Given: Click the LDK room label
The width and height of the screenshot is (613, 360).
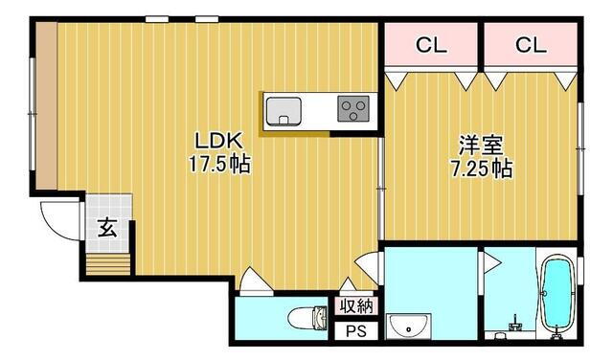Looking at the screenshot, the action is [x=219, y=141].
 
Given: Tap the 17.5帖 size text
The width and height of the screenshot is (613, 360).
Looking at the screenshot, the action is [x=219, y=164].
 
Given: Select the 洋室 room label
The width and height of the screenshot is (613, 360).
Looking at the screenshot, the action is [x=481, y=146].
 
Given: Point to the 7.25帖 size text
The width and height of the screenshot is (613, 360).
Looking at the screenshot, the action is [x=482, y=169].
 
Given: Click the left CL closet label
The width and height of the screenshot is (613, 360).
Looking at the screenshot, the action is [x=431, y=45].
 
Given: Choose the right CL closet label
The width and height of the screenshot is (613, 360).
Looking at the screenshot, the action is [x=531, y=45].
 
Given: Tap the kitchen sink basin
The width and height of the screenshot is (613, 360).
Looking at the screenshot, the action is [x=284, y=111].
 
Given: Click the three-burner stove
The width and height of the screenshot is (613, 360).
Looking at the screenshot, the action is [x=353, y=108].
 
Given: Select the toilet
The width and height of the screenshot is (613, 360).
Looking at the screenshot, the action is [x=307, y=318].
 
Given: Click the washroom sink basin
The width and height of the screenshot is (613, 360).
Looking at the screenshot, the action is [x=409, y=326].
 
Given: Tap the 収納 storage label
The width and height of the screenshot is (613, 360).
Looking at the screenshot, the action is [x=356, y=305].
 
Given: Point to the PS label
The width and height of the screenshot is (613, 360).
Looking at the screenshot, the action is [x=356, y=331].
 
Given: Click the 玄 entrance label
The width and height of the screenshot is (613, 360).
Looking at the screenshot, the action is [x=107, y=228].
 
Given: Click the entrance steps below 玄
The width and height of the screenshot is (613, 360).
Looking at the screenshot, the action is [x=108, y=264].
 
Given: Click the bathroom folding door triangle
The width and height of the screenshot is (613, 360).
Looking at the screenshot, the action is [x=491, y=262].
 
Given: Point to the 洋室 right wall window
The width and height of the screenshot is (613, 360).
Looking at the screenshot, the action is [x=581, y=148].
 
